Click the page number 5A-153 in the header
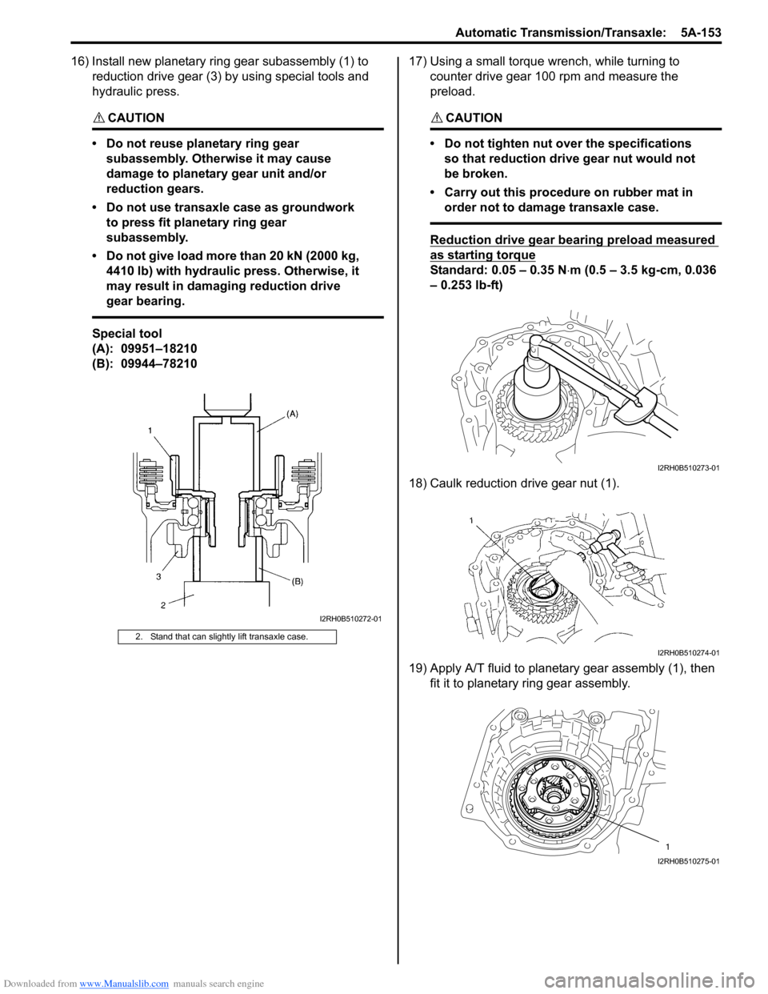pyautogui.click(x=701, y=33)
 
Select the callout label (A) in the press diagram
pyautogui.click(x=292, y=414)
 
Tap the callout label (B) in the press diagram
pyautogui.click(x=297, y=581)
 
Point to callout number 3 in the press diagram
pyautogui.click(x=158, y=576)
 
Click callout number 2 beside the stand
pyautogui.click(x=162, y=605)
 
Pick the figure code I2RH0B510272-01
pyautogui.click(x=350, y=619)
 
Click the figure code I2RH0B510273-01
pyautogui.click(x=688, y=468)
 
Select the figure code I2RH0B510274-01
pyautogui.click(x=688, y=653)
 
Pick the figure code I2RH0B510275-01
pyautogui.click(x=688, y=861)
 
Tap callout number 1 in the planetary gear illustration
pyautogui.click(x=667, y=846)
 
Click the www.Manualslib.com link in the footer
pyautogui.click(x=124, y=984)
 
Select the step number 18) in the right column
pyautogui.click(x=418, y=483)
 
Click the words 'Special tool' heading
pyautogui.click(x=127, y=334)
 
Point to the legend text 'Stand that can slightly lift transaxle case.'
pyautogui.click(x=229, y=637)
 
